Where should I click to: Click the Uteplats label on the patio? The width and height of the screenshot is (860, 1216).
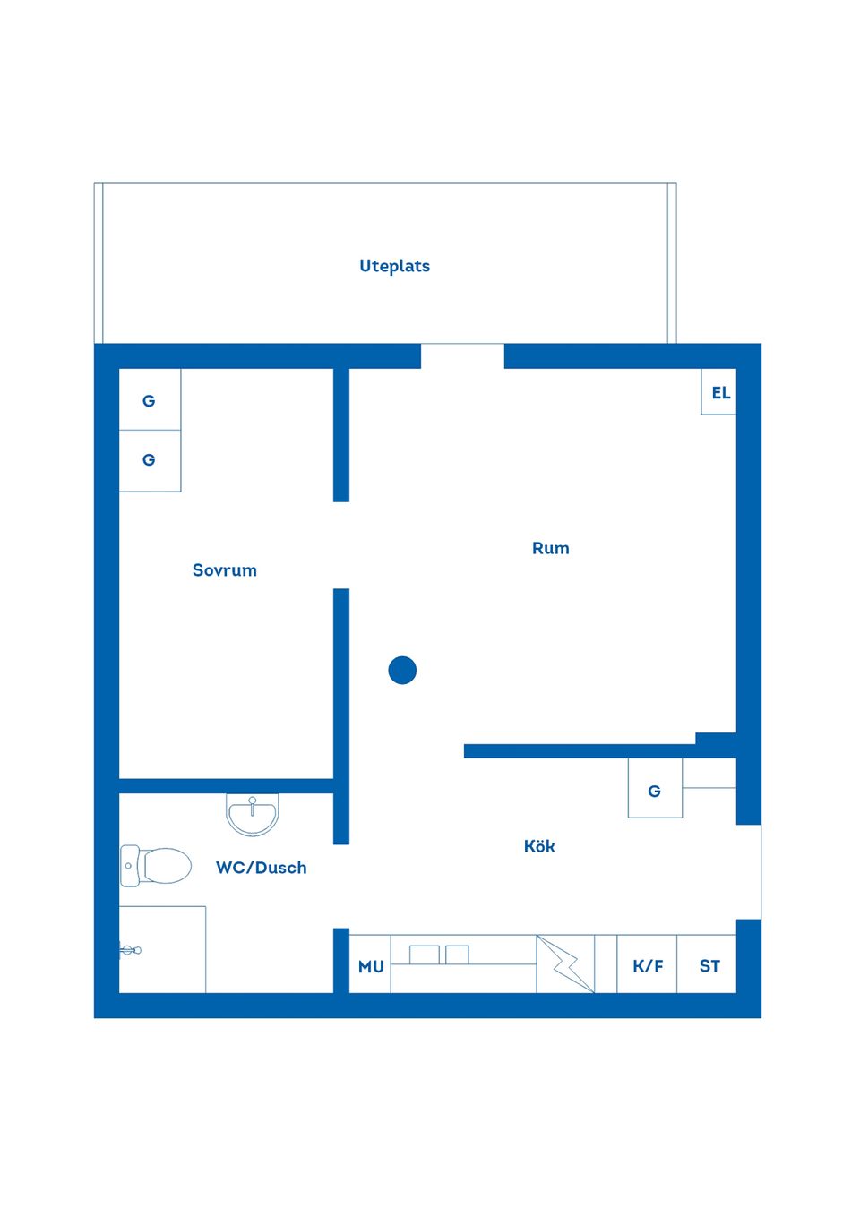coord(394,266)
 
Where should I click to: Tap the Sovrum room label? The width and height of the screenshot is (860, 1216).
coord(224,570)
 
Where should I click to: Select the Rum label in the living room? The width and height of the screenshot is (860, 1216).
coord(550,548)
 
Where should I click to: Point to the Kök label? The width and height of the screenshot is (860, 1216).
coord(539,846)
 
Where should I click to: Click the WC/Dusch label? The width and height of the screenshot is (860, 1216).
coord(261,868)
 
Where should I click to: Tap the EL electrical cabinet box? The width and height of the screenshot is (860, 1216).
coord(719,392)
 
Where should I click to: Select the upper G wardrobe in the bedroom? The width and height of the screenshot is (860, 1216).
coord(150,400)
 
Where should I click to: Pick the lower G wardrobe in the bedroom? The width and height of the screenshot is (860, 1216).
coord(150,460)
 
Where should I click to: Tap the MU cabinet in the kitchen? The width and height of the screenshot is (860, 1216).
coord(370,965)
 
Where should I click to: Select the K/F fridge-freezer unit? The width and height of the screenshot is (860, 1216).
coord(647,965)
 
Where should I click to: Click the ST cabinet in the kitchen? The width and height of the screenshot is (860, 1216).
coord(708,965)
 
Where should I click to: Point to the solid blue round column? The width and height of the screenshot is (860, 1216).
coord(402,670)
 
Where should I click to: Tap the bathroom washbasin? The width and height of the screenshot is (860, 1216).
coord(253,813)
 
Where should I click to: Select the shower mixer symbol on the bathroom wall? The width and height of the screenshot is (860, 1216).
coord(130,950)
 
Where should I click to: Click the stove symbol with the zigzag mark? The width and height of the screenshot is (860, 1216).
coord(565,964)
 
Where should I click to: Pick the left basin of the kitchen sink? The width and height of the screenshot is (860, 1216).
coord(424,955)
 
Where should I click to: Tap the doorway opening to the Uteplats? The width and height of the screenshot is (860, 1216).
coord(462,356)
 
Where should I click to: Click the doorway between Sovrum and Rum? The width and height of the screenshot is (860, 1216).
coord(341,545)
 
